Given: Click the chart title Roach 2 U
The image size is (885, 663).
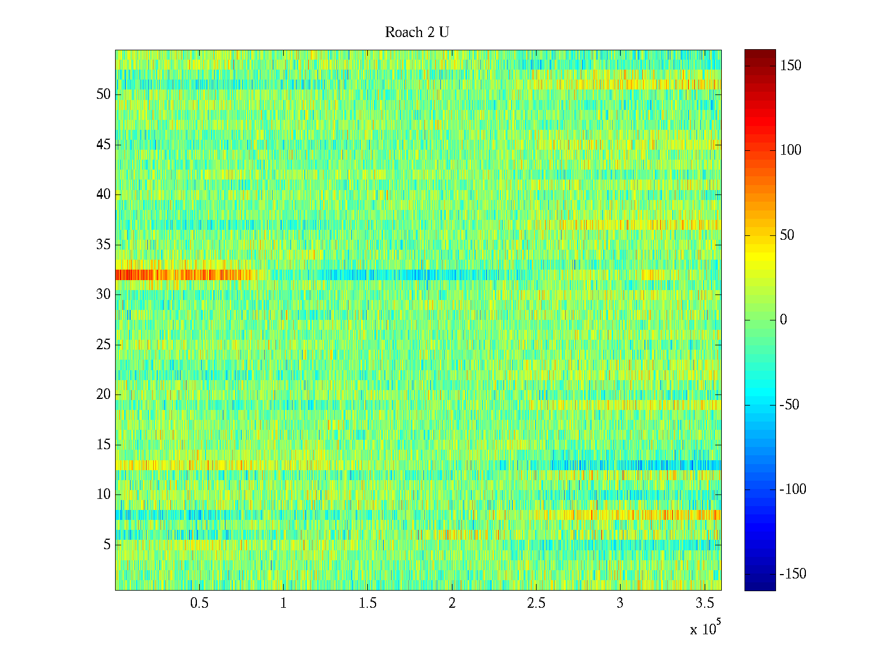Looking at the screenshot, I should point(417,33).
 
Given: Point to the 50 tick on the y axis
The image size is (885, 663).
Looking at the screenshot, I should point(103,94).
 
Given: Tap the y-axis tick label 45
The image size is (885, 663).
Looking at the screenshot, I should point(103,145).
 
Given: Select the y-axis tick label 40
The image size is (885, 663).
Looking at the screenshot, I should point(103,194).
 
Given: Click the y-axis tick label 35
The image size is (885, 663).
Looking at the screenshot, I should point(103,245).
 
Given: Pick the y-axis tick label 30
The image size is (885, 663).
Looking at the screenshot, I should point(103,294).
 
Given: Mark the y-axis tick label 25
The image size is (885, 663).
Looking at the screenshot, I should point(103,345).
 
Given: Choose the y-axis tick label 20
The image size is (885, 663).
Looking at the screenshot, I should point(103,394).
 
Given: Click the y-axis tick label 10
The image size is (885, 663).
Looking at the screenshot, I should point(103,494).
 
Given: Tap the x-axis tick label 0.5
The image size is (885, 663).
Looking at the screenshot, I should point(199,603).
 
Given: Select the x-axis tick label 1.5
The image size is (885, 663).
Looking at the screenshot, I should point(367,603).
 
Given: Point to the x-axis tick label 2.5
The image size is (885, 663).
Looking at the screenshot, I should point(536,603).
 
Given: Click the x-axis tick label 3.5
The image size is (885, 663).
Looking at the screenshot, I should point(704,603).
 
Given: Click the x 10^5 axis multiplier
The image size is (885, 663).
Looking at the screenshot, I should point(705,628).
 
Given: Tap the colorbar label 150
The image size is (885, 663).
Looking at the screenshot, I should point(790,66).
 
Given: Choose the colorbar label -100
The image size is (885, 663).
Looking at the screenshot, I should point(793,490).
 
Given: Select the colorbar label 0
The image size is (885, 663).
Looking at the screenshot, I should point(783,320).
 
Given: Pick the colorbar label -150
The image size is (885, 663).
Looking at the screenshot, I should point(793,574).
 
